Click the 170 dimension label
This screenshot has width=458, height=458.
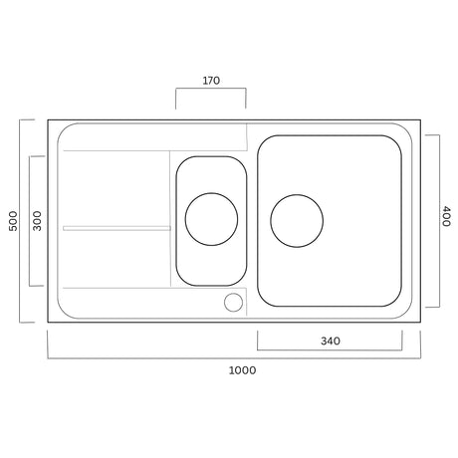[x=210, y=79]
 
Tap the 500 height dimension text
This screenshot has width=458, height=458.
[x=13, y=220]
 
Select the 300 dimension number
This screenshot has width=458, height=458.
[x=37, y=220]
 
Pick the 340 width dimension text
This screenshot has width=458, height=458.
[x=331, y=342]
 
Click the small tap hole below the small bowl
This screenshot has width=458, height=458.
[x=234, y=302]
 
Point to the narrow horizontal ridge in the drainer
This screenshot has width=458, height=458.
[x=115, y=228]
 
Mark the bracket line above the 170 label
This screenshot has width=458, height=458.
[x=210, y=90]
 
